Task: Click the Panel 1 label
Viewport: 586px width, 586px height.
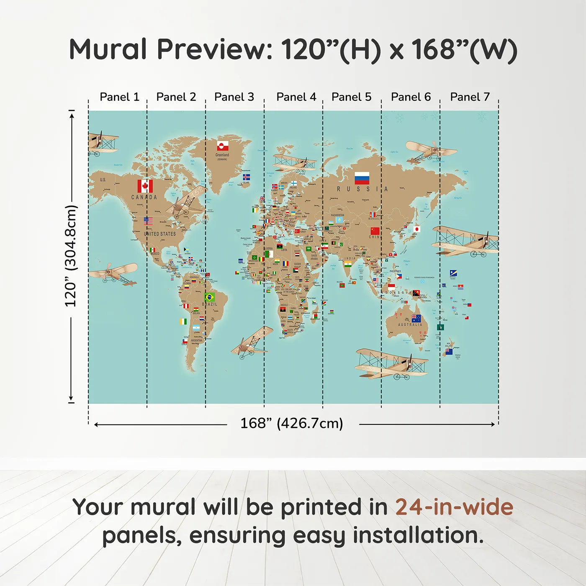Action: coord(119,97)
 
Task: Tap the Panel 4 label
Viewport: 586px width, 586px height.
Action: coord(296,97)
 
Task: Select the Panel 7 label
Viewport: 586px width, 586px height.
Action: coord(470,97)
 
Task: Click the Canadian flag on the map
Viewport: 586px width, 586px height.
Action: coord(145,186)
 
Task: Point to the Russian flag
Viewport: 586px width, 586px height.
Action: coord(362,178)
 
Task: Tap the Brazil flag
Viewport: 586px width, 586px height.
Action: coord(209,297)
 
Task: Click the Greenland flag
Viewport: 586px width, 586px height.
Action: coord(222,146)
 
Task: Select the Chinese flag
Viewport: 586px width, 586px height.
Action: coord(375,231)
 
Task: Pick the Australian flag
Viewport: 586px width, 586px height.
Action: coord(416,318)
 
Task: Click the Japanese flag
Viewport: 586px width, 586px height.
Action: coord(416,229)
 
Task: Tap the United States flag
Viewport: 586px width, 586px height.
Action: coord(148,221)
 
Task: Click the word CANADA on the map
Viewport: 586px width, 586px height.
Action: coord(144,197)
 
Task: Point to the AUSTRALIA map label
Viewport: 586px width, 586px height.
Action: coord(410,325)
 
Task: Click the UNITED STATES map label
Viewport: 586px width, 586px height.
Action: coord(160,234)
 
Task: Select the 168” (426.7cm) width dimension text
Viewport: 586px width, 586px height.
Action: coord(291,423)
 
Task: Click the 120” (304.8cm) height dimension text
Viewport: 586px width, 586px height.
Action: coord(71,256)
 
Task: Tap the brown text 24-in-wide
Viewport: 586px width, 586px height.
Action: coord(454,507)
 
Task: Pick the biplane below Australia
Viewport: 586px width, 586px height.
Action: coord(390,363)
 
